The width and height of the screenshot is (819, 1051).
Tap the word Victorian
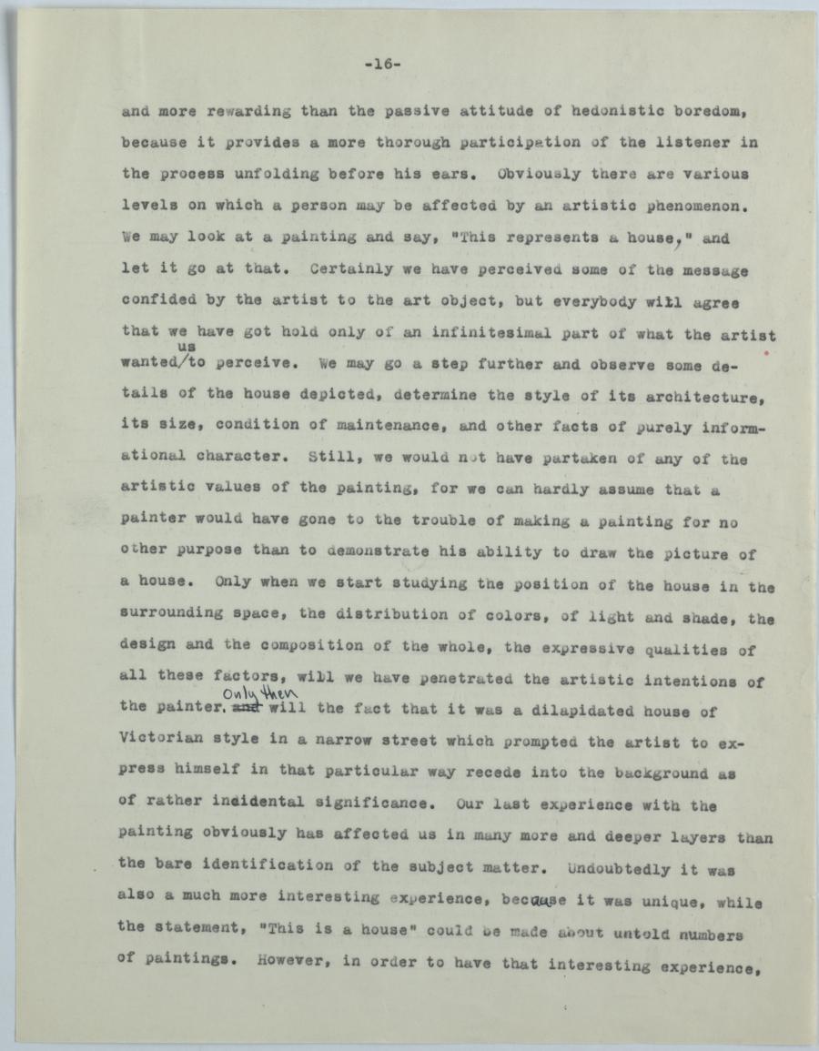160,739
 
